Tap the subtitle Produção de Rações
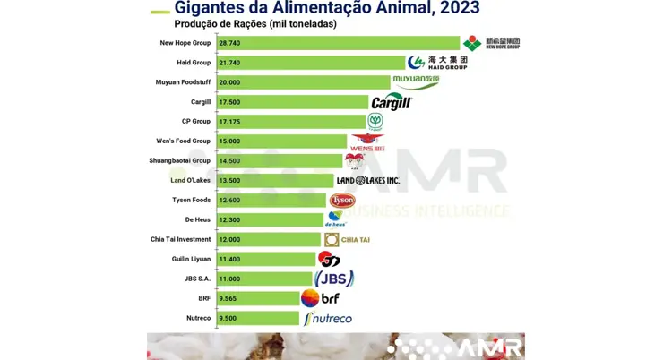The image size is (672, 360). (255, 24)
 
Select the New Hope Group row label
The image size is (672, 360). (185, 43)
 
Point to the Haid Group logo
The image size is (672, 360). (437, 63)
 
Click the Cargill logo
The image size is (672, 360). (391, 102)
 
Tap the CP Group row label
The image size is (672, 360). (195, 122)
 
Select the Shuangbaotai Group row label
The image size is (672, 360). (179, 161)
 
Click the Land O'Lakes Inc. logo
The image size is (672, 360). (367, 181)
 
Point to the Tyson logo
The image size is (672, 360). (342, 201)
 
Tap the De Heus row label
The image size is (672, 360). (197, 219)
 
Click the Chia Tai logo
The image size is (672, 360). (347, 240)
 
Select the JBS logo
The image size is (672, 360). (334, 279)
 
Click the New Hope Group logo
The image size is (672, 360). (491, 43)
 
